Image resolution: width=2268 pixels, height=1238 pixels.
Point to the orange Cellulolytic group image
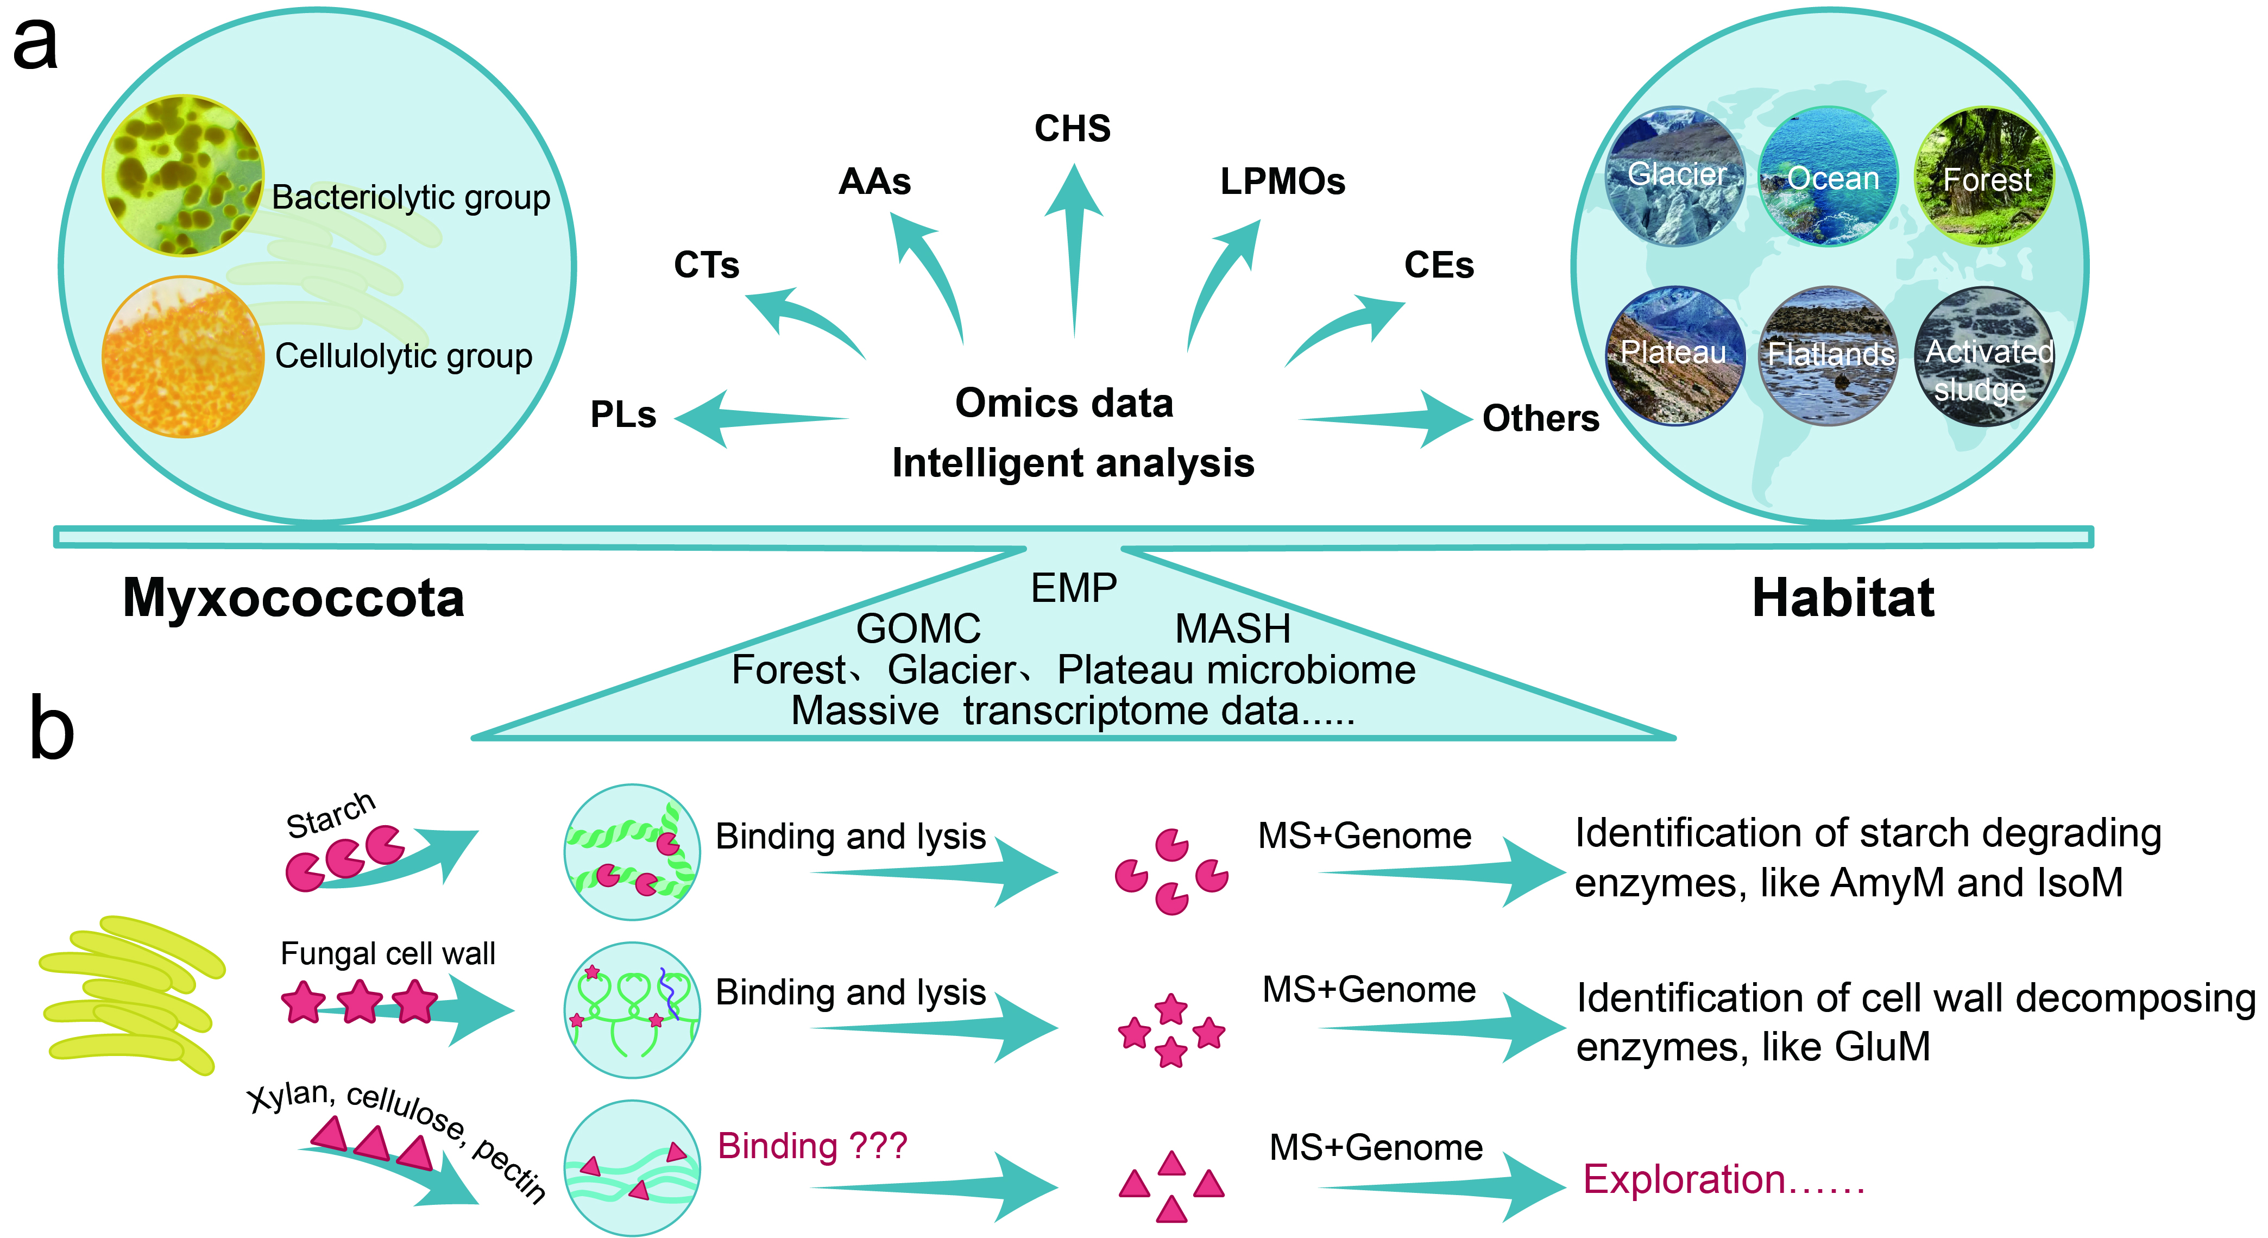click(183, 356)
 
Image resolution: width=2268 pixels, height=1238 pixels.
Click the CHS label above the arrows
click(1073, 129)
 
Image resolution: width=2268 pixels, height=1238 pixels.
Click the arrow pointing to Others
click(1387, 419)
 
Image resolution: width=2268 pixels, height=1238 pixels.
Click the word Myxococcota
click(293, 599)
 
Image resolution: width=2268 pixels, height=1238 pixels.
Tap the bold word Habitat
click(1843, 599)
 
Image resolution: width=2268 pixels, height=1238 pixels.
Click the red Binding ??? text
click(812, 1146)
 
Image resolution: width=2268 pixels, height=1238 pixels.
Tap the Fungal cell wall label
click(387, 953)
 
